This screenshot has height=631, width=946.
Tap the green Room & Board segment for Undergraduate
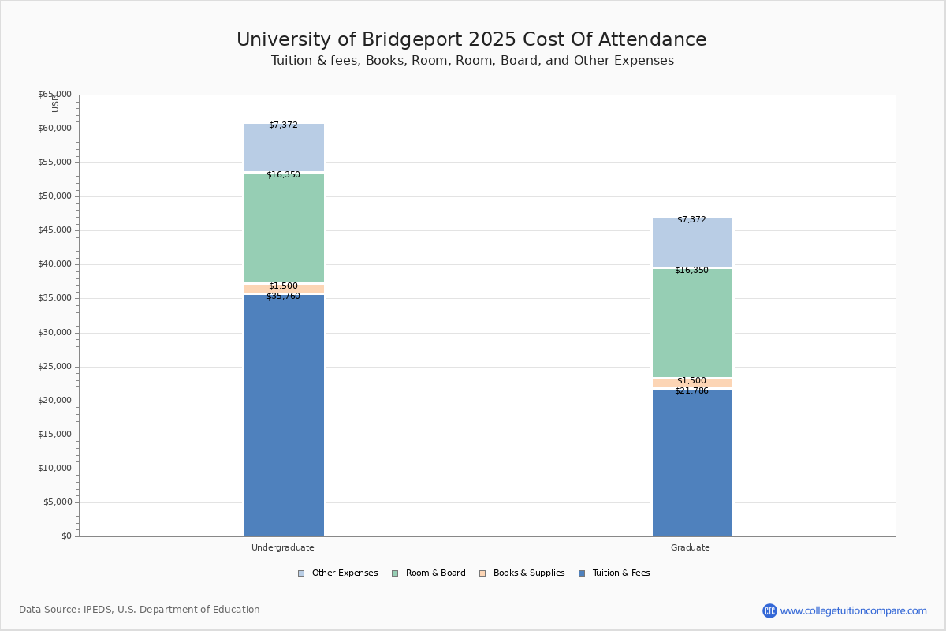point(284,229)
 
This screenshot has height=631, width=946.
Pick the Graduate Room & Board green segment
point(692,323)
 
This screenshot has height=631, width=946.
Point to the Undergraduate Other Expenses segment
point(284,148)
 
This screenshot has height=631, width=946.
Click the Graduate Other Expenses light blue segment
point(692,243)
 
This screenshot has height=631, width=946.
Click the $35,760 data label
point(283,297)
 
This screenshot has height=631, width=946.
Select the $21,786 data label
point(691,391)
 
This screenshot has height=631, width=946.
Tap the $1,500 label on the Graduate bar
point(691,381)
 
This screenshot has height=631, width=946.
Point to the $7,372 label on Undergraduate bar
point(283,125)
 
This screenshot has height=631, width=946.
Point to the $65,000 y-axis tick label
point(54,95)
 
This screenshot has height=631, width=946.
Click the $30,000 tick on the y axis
point(54,333)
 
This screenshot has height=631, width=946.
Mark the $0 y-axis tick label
point(65,536)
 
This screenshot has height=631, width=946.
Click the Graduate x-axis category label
point(690,547)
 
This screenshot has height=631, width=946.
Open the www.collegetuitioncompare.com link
point(853,610)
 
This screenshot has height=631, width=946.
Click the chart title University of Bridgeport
point(471,40)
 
